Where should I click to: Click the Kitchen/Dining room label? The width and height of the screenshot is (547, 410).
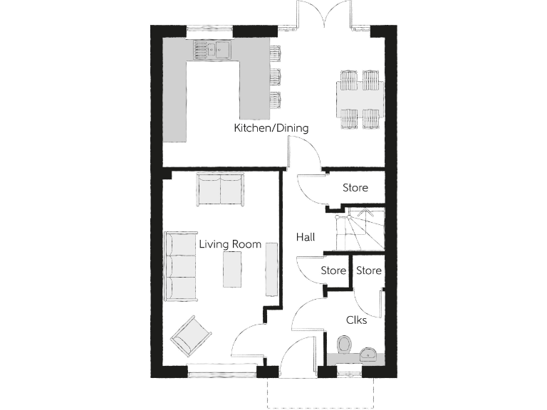click(271, 129)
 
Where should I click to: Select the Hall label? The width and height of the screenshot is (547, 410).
click(305, 238)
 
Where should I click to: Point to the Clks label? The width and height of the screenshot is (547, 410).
click(357, 320)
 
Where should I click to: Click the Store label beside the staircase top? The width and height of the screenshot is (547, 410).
click(355, 189)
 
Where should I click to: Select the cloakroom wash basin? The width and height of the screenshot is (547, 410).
click(369, 353)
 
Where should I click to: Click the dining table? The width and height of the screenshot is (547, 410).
click(360, 98)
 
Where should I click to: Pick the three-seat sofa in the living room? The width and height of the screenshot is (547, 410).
click(181, 265)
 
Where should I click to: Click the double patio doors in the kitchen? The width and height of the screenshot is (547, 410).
click(324, 16)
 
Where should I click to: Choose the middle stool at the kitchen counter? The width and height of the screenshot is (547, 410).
click(275, 75)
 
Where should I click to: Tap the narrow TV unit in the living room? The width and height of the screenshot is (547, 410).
click(271, 268)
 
